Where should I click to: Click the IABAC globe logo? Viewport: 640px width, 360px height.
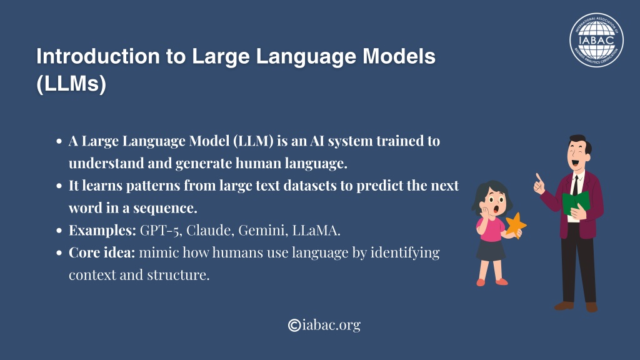(596, 39)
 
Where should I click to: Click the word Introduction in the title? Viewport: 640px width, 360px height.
(98, 56)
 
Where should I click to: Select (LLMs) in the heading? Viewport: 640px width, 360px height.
(71, 84)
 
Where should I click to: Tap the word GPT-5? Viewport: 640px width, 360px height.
(161, 230)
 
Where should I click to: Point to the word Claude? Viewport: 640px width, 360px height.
(210, 230)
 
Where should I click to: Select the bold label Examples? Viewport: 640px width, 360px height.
(102, 231)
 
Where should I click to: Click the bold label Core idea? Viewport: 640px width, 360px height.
(102, 252)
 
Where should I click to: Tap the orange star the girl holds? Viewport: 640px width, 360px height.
(516, 225)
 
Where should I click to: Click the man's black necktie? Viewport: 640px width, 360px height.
(576, 186)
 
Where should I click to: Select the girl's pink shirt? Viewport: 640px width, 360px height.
(491, 229)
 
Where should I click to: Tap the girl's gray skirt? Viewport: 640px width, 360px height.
(491, 250)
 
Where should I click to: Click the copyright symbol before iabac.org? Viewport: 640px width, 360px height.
(294, 325)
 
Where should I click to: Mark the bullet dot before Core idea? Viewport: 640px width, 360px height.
(59, 253)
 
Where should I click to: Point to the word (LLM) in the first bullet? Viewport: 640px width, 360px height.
(254, 141)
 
